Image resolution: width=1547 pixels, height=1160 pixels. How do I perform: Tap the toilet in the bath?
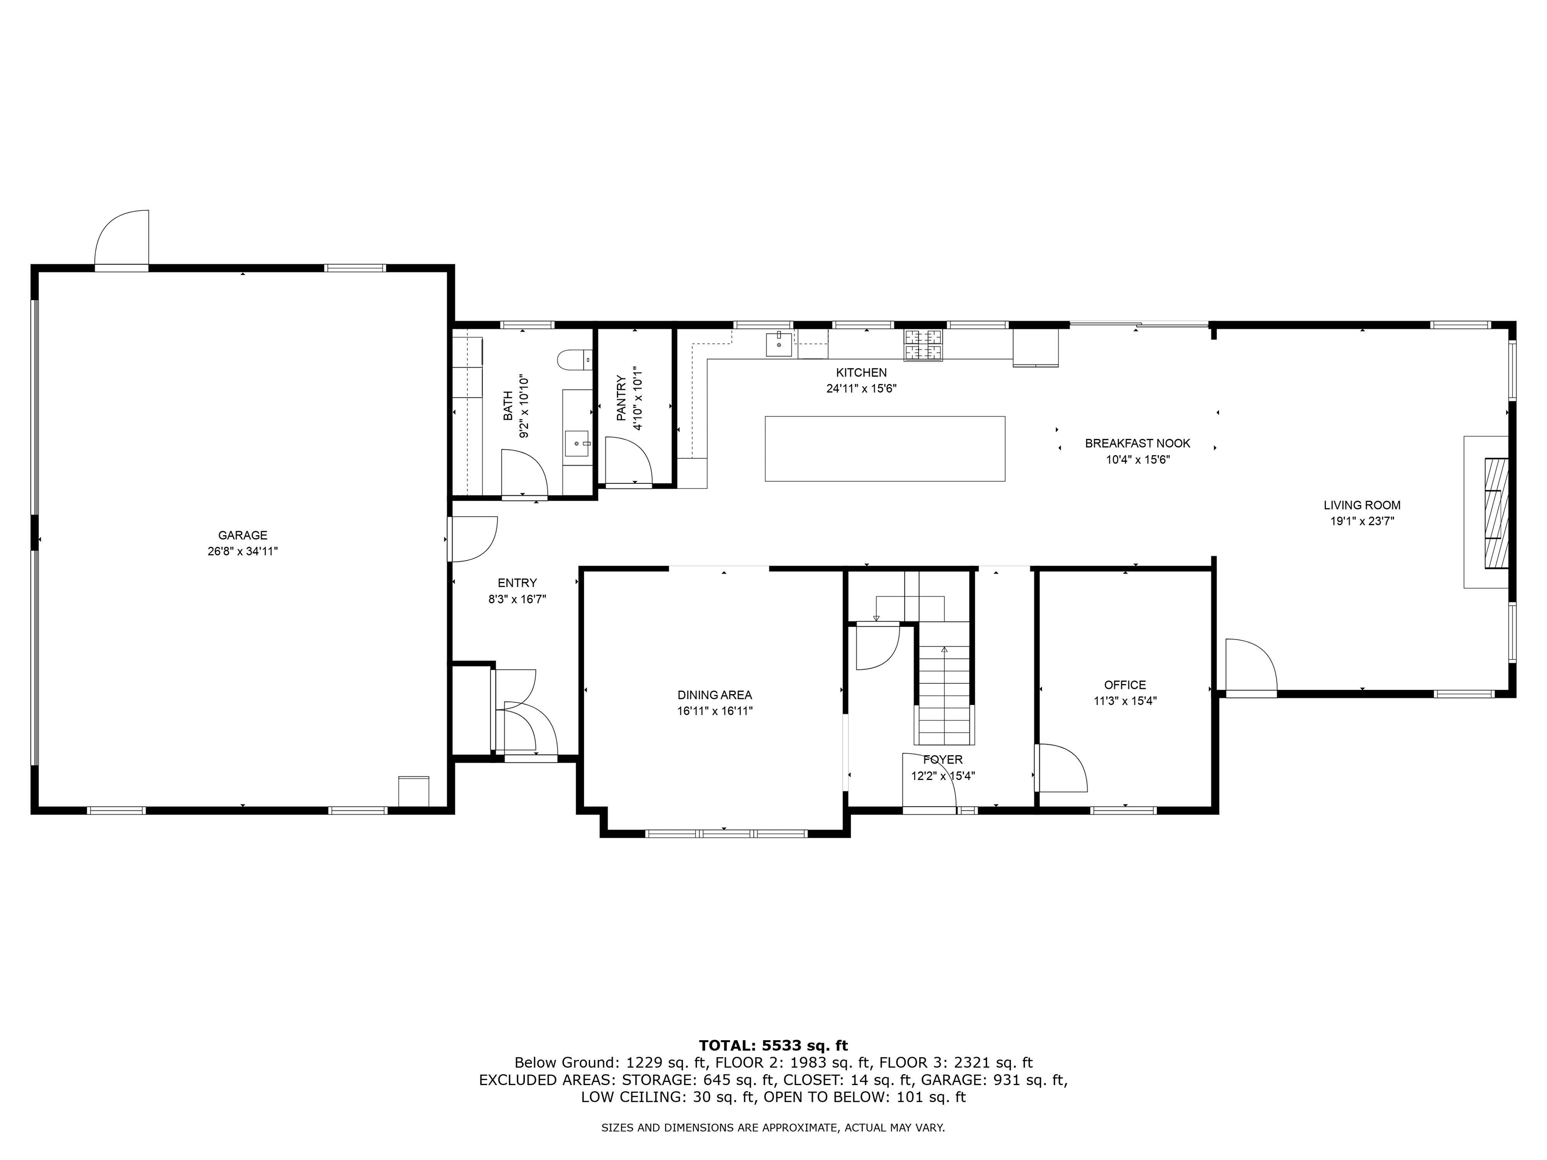(x=574, y=359)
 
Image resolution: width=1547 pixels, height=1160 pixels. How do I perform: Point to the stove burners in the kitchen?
(x=923, y=345)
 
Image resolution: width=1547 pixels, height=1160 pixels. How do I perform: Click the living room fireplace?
(x=1495, y=513)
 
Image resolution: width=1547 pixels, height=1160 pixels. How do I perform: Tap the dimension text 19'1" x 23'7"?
(x=1362, y=521)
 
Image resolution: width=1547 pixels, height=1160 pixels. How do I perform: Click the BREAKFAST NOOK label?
(x=1137, y=443)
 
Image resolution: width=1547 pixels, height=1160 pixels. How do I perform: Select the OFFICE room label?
(x=1124, y=685)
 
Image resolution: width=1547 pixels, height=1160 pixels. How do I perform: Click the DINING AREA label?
(x=714, y=695)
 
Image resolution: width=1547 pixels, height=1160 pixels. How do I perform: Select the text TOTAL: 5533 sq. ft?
(x=773, y=1045)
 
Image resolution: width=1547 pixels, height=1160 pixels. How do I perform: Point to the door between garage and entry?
(x=471, y=538)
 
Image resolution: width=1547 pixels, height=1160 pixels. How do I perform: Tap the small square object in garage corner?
(x=412, y=791)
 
